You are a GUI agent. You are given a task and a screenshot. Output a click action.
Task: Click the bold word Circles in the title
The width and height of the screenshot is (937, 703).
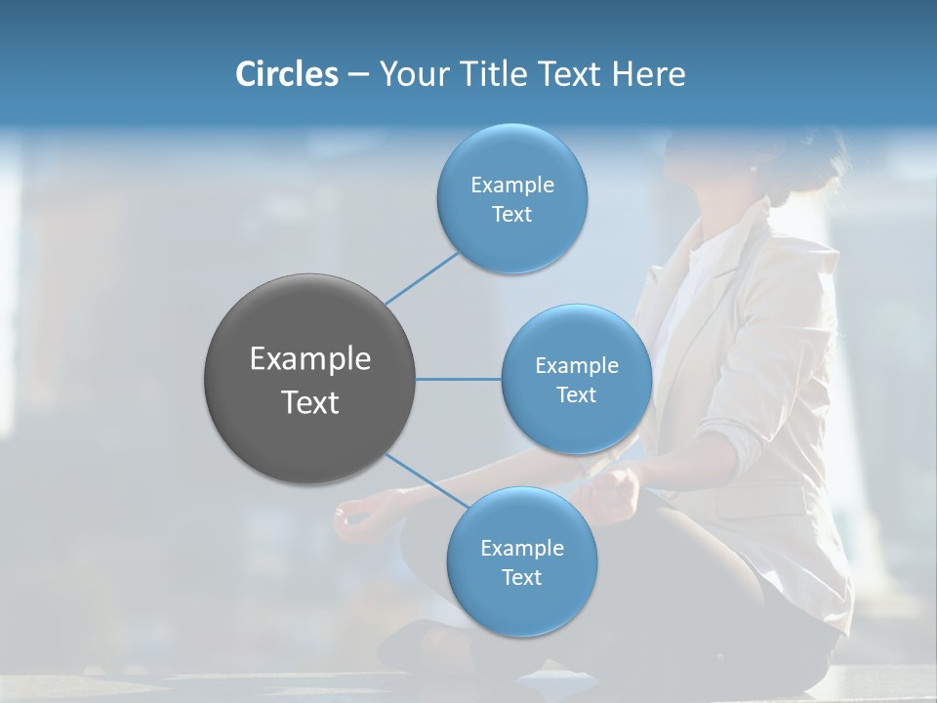pyautogui.click(x=286, y=74)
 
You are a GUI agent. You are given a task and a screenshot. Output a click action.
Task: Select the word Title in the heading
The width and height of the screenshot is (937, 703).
pyautogui.click(x=487, y=74)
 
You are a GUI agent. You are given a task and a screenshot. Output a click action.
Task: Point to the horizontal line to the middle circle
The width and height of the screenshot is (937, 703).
pyautogui.click(x=458, y=379)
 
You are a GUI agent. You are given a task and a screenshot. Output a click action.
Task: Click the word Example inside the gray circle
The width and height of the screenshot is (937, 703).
pyautogui.click(x=309, y=359)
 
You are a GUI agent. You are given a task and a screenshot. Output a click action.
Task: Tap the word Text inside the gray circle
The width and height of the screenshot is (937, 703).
pyautogui.click(x=309, y=402)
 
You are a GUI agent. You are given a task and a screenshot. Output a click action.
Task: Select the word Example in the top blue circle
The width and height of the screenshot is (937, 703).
pyautogui.click(x=511, y=185)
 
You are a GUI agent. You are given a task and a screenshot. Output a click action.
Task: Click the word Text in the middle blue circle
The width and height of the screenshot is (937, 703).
pyautogui.click(x=576, y=394)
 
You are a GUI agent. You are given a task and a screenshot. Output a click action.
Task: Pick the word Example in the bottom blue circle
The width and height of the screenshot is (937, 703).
pyautogui.click(x=521, y=548)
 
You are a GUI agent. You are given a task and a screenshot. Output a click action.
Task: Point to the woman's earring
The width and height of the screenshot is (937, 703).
pyautogui.click(x=753, y=169)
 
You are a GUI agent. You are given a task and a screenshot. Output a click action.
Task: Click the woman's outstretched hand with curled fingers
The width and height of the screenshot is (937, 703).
pyautogui.click(x=357, y=517)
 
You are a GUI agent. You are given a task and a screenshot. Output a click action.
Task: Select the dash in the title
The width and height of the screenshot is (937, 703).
pyautogui.click(x=357, y=75)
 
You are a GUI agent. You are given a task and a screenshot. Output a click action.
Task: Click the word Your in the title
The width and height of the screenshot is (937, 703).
pyautogui.click(x=411, y=74)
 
